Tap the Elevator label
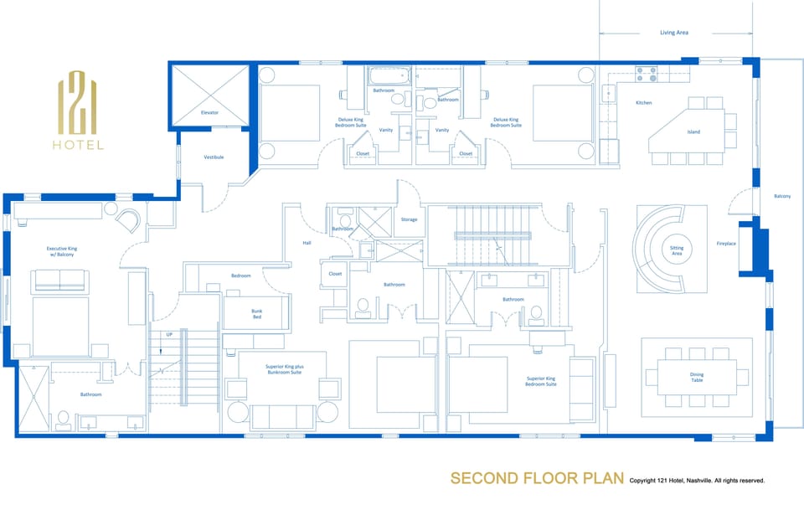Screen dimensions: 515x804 (x=209, y=111)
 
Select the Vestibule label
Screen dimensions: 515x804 (x=214, y=157)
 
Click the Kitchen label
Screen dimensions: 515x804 (x=643, y=103)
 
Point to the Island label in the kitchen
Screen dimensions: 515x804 (x=693, y=131)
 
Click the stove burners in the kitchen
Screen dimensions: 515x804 (x=646, y=75)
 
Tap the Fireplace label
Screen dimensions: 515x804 (x=726, y=244)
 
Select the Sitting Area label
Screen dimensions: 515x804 (x=677, y=250)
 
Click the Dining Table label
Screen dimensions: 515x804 (x=696, y=377)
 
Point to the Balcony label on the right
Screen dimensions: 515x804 (x=781, y=196)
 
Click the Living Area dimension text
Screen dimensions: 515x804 (x=673, y=33)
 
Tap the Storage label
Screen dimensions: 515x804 (x=409, y=219)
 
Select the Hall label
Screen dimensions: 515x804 (x=307, y=243)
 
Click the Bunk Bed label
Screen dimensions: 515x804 (x=257, y=313)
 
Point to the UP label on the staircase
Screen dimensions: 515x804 (x=171, y=334)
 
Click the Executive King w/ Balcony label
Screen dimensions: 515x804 (x=62, y=252)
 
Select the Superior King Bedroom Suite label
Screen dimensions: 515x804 (x=541, y=380)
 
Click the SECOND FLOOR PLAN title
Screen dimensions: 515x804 (x=537, y=478)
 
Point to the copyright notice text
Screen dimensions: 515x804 (x=697, y=481)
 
